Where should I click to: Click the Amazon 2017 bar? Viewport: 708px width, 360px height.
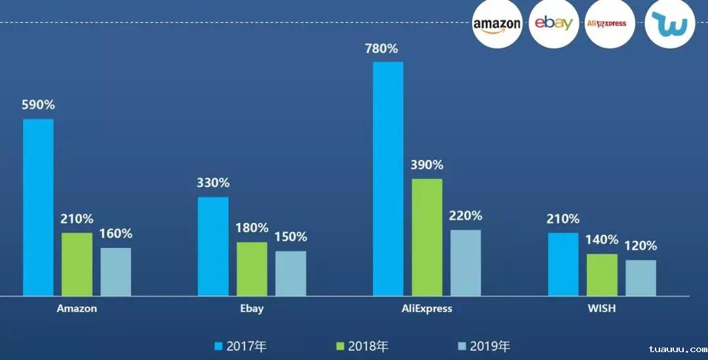pos(38,207)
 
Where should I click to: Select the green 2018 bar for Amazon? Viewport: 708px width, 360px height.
pos(77,264)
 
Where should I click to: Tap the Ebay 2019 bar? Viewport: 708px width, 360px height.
pos(290,273)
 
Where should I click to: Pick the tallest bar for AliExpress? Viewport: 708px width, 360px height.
pos(388,178)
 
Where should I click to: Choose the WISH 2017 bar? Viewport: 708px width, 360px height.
pos(563,264)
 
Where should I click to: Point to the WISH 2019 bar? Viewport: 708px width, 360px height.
pos(640,278)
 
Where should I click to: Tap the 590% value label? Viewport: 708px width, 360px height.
pos(38,105)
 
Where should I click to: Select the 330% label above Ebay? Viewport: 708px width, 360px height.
pos(213,183)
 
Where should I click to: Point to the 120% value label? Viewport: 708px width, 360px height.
pos(640,246)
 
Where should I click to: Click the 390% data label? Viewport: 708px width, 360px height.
pos(427,165)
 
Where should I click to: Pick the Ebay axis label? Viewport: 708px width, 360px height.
pos(252,309)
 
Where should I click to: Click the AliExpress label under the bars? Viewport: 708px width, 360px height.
pos(427,309)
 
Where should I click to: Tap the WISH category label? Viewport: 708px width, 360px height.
pos(602,309)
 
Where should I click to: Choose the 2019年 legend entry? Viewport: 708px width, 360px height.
pos(484,346)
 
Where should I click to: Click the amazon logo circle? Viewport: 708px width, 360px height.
pos(497,24)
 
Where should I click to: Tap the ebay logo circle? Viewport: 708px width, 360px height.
pos(553,24)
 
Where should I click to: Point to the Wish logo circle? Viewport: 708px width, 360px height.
pos(669,24)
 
